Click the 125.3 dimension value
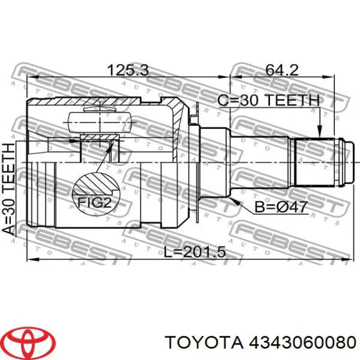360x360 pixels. (x=128, y=70)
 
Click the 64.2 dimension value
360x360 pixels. (x=282, y=70)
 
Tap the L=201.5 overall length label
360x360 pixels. (x=195, y=252)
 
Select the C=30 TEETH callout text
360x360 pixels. (x=268, y=100)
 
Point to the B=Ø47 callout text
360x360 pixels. (x=281, y=207)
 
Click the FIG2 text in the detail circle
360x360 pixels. (x=95, y=203)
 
